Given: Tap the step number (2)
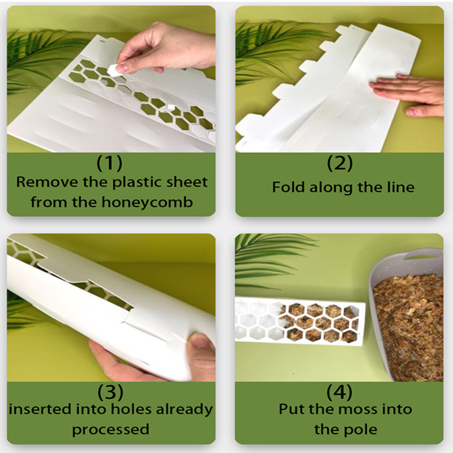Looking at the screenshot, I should tap(340, 163).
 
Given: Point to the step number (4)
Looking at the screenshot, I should tap(340, 391).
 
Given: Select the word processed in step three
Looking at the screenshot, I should tap(110, 429).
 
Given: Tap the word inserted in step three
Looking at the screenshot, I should tap(40, 409).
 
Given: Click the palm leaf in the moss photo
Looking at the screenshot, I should tap(266, 255).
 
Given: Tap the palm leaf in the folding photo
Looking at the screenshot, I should tap(266, 48).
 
